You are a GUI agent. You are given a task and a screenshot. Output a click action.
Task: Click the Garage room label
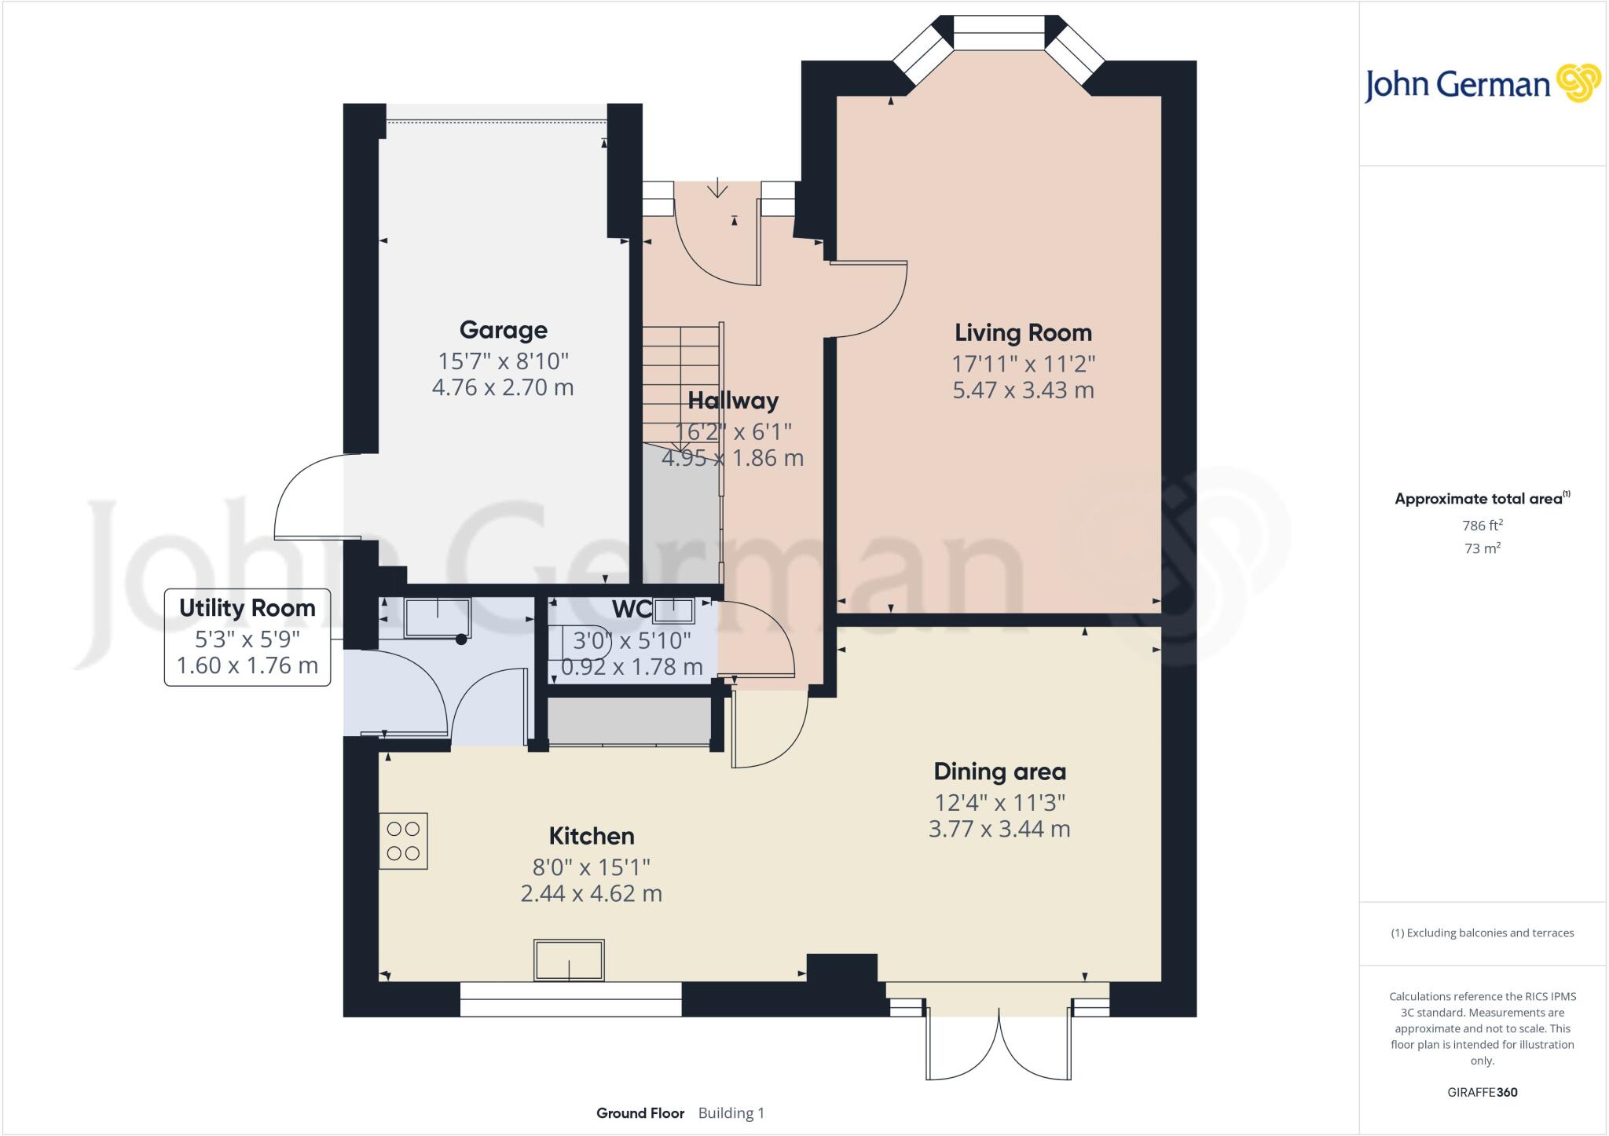coord(503,330)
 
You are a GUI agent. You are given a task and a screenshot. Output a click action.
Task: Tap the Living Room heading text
coord(1023,332)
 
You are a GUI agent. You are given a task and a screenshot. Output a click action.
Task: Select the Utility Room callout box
coord(247,637)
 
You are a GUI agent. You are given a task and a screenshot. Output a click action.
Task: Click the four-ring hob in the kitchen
coord(403,841)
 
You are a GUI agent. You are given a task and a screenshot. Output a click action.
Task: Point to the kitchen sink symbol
coord(569,960)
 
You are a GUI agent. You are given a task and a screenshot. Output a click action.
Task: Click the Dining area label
coord(999,771)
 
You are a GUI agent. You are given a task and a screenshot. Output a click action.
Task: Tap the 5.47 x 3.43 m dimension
coord(1023,390)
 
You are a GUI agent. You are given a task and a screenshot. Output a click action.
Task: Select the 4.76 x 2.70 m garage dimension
coord(503,387)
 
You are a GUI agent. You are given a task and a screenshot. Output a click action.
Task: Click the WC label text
coord(631,609)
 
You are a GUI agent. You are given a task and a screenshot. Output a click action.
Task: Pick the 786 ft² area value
coord(1483,525)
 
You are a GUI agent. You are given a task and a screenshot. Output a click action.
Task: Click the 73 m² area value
coord(1483,548)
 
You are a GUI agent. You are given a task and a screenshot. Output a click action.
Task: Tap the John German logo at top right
coord(1482,84)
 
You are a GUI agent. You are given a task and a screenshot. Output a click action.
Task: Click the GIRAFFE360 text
coord(1482,1092)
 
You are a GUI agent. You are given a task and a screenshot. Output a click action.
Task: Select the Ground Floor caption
coord(640,1113)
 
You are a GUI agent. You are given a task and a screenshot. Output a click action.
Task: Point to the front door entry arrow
coord(717,189)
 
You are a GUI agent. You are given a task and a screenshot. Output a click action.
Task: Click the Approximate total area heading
coord(1479,499)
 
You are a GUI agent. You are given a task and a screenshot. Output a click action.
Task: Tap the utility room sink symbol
coord(438,617)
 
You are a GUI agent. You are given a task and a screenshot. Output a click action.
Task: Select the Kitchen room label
coord(591,836)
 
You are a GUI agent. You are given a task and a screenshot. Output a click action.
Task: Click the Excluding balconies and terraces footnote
coord(1483,933)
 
